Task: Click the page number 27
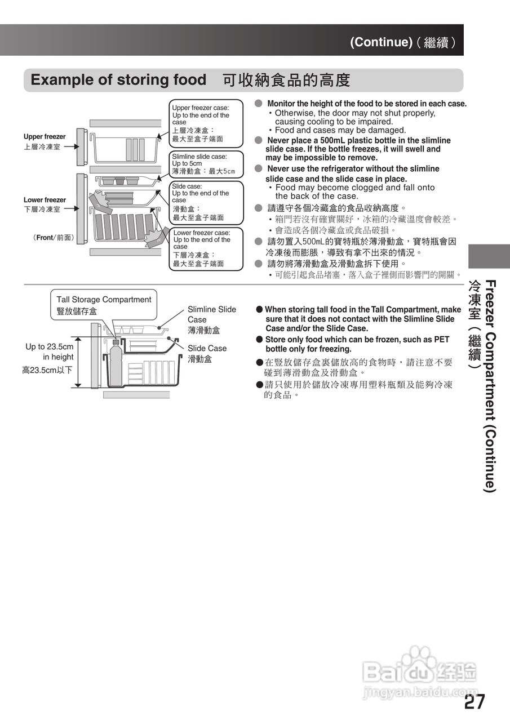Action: click(474, 702)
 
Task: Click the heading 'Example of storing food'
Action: click(118, 80)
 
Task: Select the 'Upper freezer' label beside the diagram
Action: click(45, 137)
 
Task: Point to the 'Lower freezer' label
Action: click(45, 200)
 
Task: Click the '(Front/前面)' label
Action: click(54, 238)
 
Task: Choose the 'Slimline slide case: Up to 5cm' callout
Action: click(206, 164)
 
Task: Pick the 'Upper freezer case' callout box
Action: click(206, 123)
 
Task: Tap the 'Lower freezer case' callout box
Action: click(206, 248)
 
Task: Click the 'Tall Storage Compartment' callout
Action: click(104, 305)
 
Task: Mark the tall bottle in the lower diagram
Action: click(116, 363)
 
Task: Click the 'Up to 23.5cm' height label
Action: click(50, 347)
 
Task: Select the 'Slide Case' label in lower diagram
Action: click(207, 349)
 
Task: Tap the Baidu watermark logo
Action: click(420, 673)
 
